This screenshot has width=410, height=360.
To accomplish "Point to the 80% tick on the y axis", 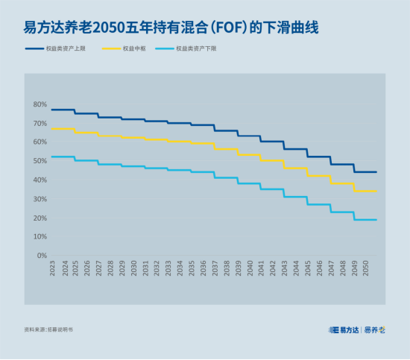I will pos(40,104).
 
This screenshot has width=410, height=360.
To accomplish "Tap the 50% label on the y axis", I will pos(40,161).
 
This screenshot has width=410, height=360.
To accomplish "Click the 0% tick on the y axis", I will pos(41,256).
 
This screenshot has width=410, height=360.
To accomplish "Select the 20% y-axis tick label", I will pos(40,218).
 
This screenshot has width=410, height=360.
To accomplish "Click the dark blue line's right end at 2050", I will pos(376,172).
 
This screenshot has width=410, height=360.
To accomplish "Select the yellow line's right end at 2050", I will pos(376,192).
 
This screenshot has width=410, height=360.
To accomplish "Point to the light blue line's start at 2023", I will pos(51,157).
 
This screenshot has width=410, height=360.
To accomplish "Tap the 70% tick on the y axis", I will pos(40,123).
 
